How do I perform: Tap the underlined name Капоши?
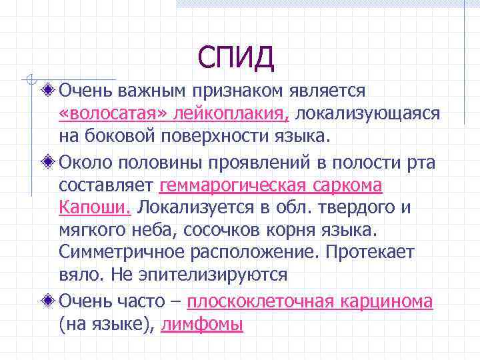tap(95, 207)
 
